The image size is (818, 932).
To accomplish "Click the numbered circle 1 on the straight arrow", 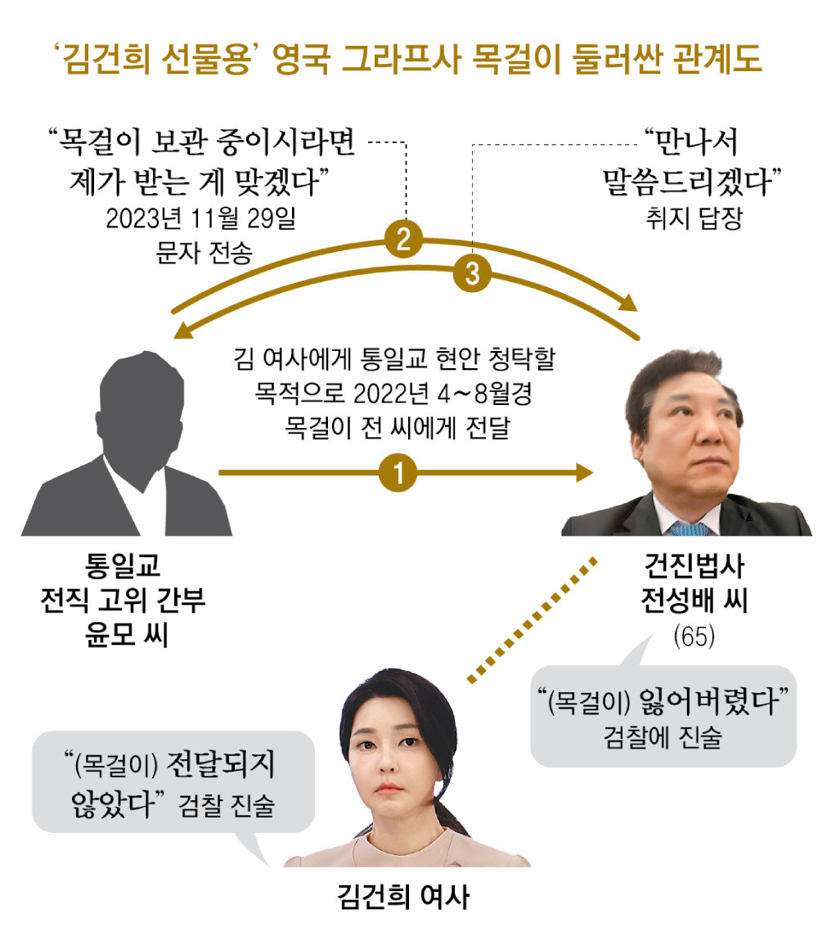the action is (x=398, y=473).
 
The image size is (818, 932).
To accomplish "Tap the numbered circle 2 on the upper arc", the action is (x=403, y=240).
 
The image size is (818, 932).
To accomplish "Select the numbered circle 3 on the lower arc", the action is (x=472, y=273).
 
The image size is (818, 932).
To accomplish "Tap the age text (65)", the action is (x=694, y=637).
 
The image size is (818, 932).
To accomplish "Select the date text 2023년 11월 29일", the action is (x=200, y=218).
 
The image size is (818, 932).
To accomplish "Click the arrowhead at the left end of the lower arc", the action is (x=183, y=331).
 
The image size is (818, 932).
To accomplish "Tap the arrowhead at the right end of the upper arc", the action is (x=628, y=303).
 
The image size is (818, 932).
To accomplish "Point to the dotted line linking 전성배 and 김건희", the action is (x=532, y=620).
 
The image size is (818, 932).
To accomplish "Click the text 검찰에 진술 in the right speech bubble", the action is (x=663, y=737).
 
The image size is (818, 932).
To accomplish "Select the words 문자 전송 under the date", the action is (x=204, y=253).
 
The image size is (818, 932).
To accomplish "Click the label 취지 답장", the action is (x=694, y=218).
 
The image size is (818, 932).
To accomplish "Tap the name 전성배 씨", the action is (x=694, y=601).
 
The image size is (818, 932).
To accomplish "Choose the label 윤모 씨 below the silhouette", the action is (x=127, y=634).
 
